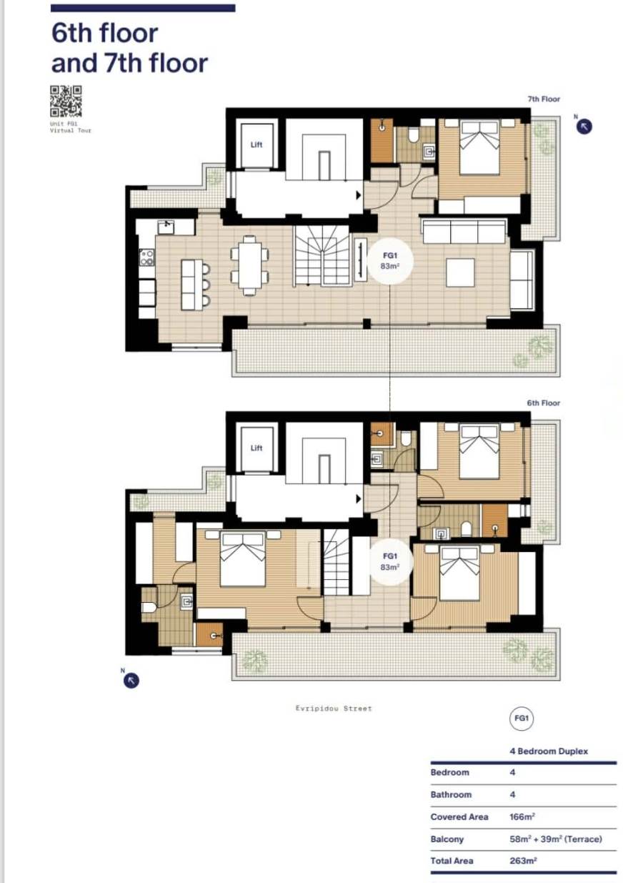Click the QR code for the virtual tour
tap(66, 102)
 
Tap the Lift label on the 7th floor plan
tap(256, 144)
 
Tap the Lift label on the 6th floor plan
tap(256, 448)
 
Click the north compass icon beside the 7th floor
tap(584, 127)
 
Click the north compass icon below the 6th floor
tap(131, 680)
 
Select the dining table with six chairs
tap(250, 266)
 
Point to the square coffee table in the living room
tap(460, 272)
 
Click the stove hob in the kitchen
tap(146, 257)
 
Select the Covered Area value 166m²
tap(522, 817)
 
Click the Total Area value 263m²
tap(523, 862)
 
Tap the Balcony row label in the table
tap(447, 839)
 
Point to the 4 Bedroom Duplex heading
tap(549, 751)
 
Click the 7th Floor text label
tap(544, 99)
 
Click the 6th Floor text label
tap(543, 403)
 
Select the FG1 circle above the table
tap(522, 719)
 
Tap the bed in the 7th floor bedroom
tap(479, 147)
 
